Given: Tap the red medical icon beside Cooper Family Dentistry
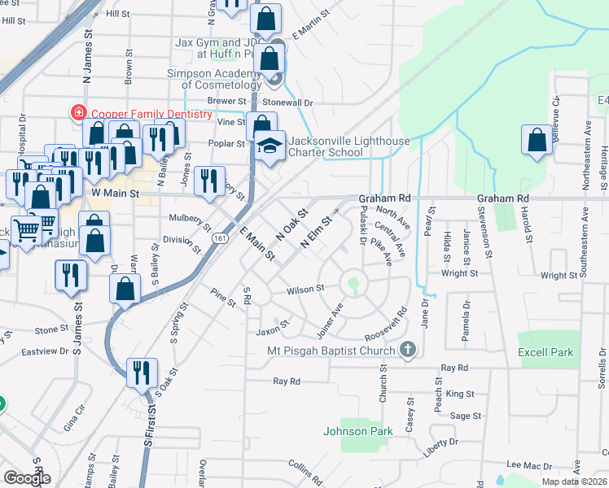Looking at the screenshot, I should point(78,113).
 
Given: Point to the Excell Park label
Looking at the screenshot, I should point(545,353).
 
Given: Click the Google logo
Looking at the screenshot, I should point(27,477).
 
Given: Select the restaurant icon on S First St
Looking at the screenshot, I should point(143,373).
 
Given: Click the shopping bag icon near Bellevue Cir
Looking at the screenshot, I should point(537,141).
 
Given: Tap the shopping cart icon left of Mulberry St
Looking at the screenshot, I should point(27,231).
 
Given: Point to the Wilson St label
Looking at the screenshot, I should point(305,289).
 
